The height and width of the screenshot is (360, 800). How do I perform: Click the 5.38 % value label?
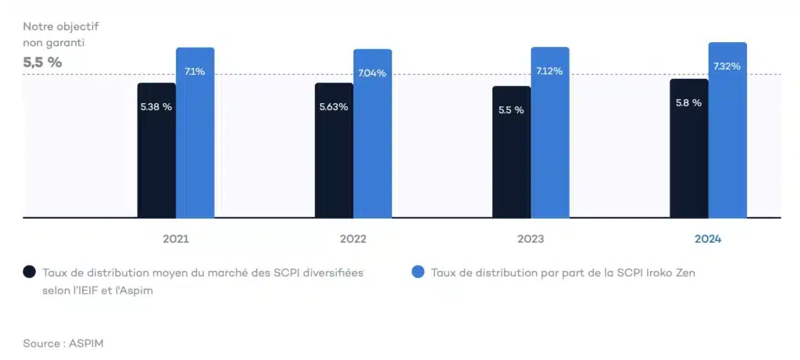[156, 107]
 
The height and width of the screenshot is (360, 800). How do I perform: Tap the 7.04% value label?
[372, 73]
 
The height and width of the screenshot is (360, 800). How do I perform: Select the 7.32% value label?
[727, 66]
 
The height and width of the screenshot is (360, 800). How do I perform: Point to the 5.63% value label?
[334, 107]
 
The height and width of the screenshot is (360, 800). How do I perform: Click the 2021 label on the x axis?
[176, 239]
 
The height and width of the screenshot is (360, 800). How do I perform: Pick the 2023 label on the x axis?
[530, 239]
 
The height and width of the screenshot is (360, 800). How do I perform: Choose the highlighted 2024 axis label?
[708, 239]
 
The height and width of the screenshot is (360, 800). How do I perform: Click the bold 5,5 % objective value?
[42, 62]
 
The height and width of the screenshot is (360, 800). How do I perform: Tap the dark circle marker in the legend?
[29, 272]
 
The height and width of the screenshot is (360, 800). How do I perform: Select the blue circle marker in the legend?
[418, 272]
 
